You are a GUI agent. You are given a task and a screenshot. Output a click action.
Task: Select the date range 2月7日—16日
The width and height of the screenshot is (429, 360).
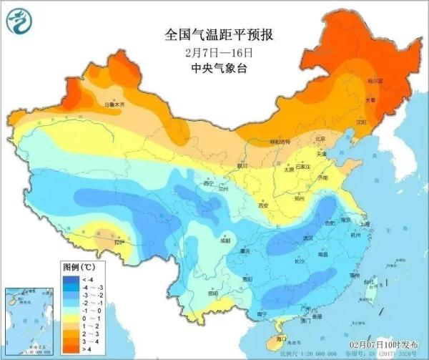click(214, 53)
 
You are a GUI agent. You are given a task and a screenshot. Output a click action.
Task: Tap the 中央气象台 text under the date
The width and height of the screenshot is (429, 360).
click(214, 69)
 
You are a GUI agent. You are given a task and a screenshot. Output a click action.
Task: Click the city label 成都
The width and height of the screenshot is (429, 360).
click(226, 241)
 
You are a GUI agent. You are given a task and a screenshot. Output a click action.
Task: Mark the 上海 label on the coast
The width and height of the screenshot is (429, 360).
click(346, 224)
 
